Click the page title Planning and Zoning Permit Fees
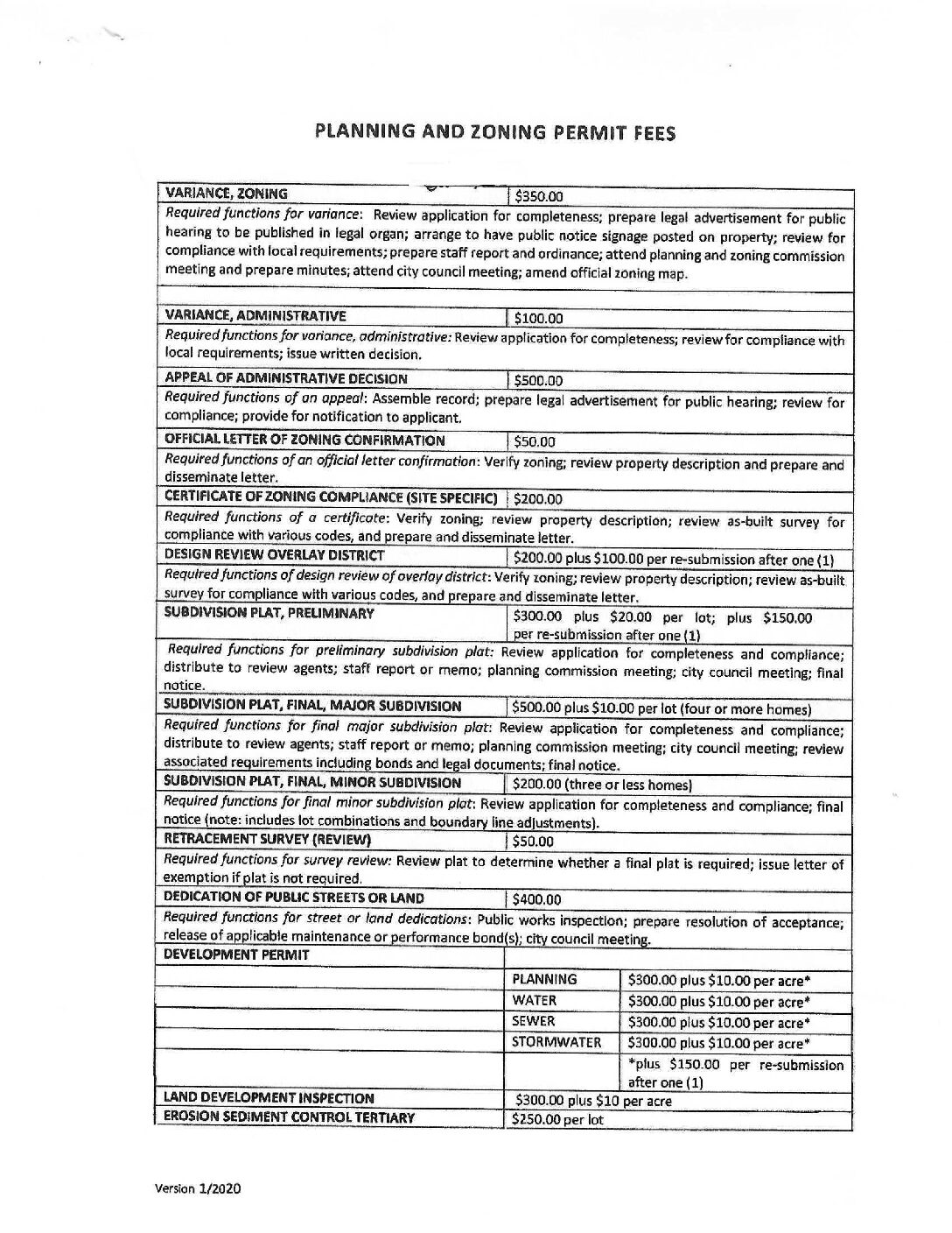[494, 132]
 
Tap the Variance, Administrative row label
[255, 316]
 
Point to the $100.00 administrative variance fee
[539, 319]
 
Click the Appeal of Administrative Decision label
[286, 379]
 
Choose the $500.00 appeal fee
[539, 381]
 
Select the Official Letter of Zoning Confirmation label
[304, 440]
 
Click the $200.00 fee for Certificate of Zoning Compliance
[539, 499]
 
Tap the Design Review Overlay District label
[275, 555]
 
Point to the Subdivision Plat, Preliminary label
[269, 613]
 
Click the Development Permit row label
[237, 955]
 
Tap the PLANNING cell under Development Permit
[544, 979]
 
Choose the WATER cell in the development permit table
[535, 1000]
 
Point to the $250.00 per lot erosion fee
[558, 1119]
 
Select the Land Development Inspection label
[269, 1098]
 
